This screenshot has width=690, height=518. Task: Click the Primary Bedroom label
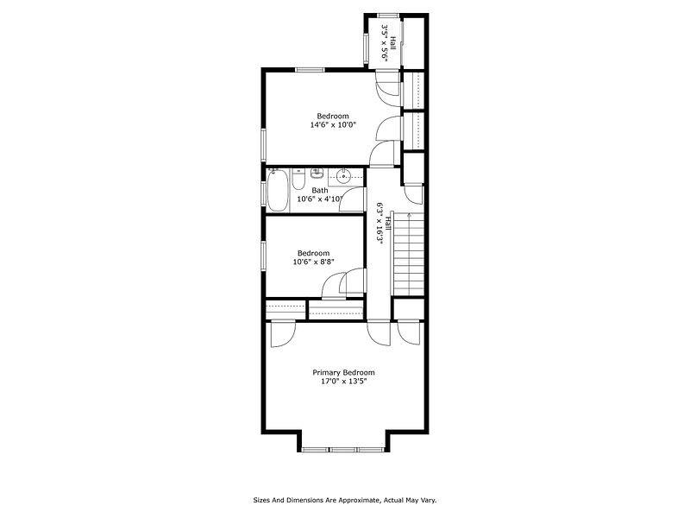[344, 372]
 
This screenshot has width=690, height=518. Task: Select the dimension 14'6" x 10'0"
[333, 125]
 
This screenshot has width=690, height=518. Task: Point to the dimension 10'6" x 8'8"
[313, 262]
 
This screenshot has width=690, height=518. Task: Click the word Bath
[319, 191]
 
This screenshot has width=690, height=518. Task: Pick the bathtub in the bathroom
[278, 191]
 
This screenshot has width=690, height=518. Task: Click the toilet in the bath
[297, 179]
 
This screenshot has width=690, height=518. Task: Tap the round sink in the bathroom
[342, 176]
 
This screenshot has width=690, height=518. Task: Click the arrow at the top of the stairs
[397, 217]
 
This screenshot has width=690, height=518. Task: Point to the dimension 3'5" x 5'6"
[389, 41]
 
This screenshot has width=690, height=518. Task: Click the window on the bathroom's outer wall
[264, 191]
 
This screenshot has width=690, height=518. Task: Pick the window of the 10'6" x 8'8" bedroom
[264, 256]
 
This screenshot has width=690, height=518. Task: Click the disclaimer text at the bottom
[344, 499]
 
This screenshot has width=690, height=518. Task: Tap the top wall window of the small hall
[388, 15]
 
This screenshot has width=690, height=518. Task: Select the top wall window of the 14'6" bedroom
[310, 70]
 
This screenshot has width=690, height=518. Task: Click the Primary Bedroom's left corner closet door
[281, 333]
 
